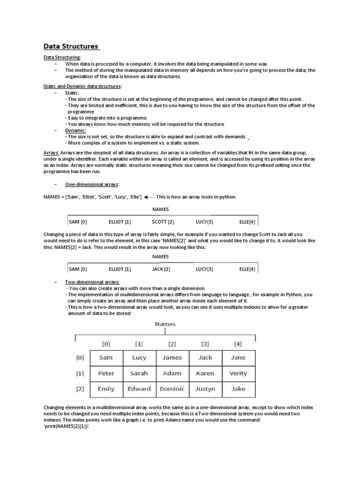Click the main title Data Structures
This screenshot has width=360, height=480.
click(71, 46)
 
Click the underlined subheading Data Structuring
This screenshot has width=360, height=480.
click(62, 57)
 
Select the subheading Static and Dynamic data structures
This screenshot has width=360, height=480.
click(82, 86)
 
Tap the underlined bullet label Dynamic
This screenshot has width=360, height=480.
click(75, 130)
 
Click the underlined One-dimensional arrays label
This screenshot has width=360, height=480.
click(92, 184)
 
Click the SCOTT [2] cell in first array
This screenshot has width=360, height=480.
click(163, 221)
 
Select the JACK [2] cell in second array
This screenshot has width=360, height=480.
click(161, 269)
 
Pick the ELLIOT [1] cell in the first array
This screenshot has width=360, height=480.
click(120, 221)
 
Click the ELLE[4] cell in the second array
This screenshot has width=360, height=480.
click(247, 269)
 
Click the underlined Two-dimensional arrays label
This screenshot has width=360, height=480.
click(92, 282)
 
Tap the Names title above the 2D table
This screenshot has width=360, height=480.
click(165, 324)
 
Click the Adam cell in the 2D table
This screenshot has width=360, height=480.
click(172, 374)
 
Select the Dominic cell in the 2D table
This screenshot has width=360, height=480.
click(172, 389)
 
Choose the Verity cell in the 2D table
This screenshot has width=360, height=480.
click(238, 374)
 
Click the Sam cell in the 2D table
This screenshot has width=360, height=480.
click(106, 358)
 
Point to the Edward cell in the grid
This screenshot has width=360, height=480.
click(139, 389)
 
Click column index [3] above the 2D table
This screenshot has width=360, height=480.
click(205, 344)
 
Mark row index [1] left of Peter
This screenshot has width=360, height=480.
click(80, 374)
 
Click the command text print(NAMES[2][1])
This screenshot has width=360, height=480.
click(66, 427)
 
